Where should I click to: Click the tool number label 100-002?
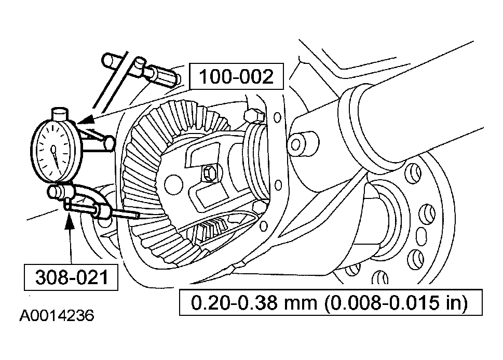click(x=236, y=76)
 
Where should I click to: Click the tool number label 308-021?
click(x=72, y=277)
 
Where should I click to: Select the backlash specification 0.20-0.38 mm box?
click(x=331, y=302)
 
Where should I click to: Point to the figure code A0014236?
click(x=57, y=316)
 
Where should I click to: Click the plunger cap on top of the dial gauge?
click(x=60, y=114)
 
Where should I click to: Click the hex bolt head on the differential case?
click(x=209, y=174)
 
